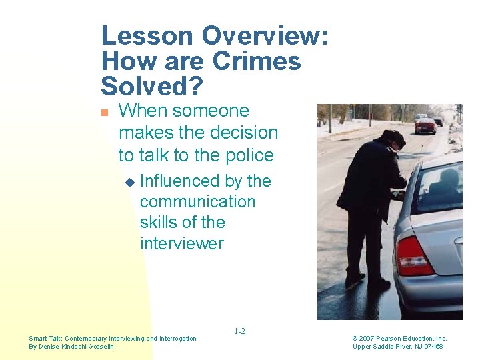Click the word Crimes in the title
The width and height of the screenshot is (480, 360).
tap(256, 61)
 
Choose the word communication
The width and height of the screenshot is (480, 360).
tap(197, 201)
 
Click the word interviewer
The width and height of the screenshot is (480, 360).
tap(182, 243)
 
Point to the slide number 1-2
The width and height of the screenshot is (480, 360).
tap(239, 331)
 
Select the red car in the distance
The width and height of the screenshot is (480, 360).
tap(425, 125)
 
